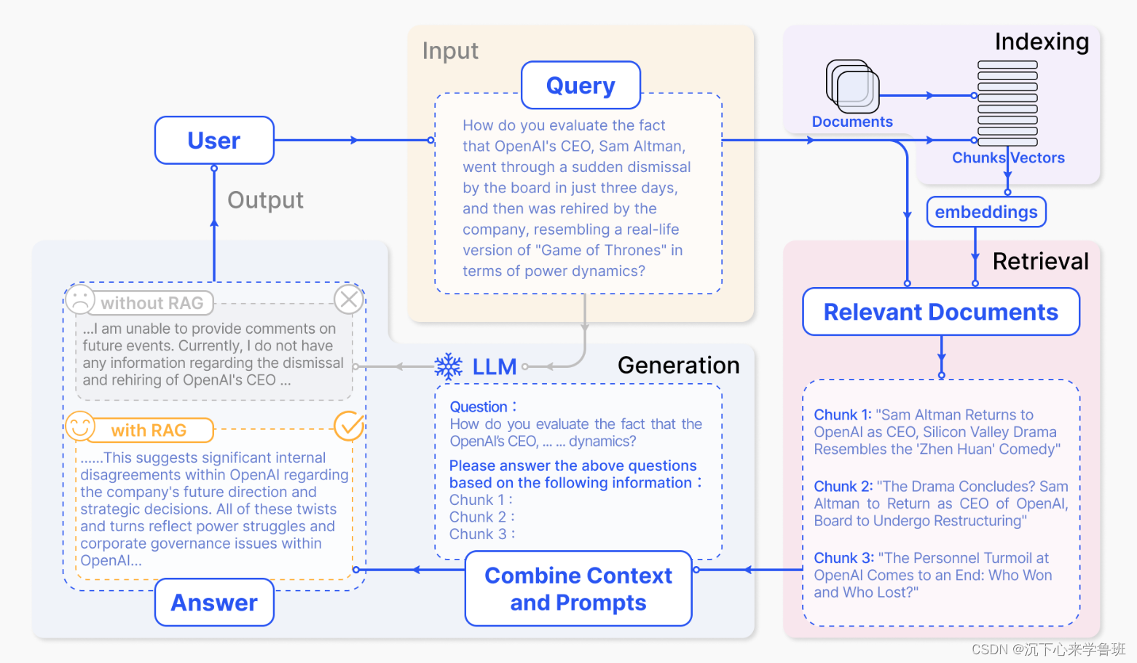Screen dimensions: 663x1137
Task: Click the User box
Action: click(x=214, y=140)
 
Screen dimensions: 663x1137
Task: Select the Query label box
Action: click(x=581, y=85)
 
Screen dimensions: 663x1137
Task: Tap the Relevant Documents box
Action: click(x=940, y=312)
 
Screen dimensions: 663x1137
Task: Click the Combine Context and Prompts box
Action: click(x=578, y=589)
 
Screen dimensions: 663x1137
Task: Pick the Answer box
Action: click(x=214, y=603)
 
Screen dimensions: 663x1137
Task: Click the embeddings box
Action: click(x=986, y=212)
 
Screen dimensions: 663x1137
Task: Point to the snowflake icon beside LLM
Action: click(x=449, y=366)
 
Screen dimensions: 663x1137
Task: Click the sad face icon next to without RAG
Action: click(x=80, y=299)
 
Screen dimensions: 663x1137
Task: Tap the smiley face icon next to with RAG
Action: click(x=80, y=427)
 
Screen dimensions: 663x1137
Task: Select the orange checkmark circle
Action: click(x=349, y=426)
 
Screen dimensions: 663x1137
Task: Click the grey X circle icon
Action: click(x=349, y=299)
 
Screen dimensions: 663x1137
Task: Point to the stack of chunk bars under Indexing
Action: click(x=1007, y=103)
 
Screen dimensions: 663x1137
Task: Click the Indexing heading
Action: click(x=1042, y=42)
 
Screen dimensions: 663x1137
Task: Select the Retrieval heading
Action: click(x=1040, y=262)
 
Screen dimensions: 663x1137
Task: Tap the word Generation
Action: click(x=678, y=365)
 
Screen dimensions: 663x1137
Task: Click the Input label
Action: click(x=450, y=51)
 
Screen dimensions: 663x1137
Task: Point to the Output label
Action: click(x=265, y=200)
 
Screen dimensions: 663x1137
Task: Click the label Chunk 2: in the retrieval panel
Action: click(x=843, y=487)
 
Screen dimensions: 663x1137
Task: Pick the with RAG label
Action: click(x=149, y=431)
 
